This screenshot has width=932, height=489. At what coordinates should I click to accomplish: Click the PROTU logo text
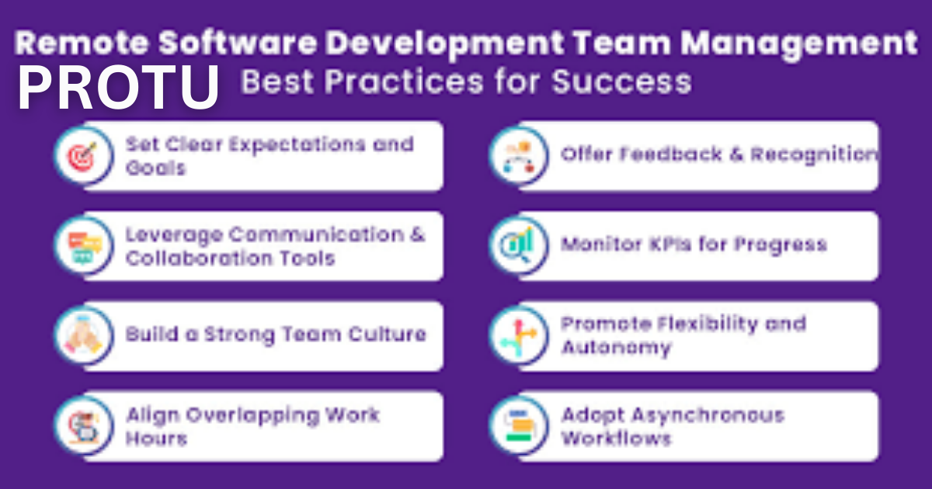(119, 87)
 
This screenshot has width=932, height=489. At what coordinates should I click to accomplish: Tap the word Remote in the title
(82, 43)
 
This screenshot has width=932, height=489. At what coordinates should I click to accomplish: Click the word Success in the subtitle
(621, 81)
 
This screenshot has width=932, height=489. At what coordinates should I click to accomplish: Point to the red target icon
(83, 156)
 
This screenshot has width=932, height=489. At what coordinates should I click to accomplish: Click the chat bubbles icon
(85, 247)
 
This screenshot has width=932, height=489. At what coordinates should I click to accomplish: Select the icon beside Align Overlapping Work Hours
(84, 427)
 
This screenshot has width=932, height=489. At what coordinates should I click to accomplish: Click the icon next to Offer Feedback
(519, 156)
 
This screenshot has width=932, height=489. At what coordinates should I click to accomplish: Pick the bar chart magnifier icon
(517, 245)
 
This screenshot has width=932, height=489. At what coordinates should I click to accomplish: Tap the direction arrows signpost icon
(519, 337)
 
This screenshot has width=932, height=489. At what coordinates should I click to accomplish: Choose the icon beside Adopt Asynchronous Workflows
(519, 426)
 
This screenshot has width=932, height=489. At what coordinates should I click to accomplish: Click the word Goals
(155, 168)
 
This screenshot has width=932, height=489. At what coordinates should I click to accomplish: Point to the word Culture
(388, 334)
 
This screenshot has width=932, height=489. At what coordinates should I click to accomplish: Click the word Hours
(156, 439)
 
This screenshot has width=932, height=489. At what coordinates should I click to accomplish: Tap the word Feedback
(671, 154)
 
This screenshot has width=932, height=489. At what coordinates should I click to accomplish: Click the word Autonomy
(616, 348)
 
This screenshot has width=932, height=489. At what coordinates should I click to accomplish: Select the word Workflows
(616, 439)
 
